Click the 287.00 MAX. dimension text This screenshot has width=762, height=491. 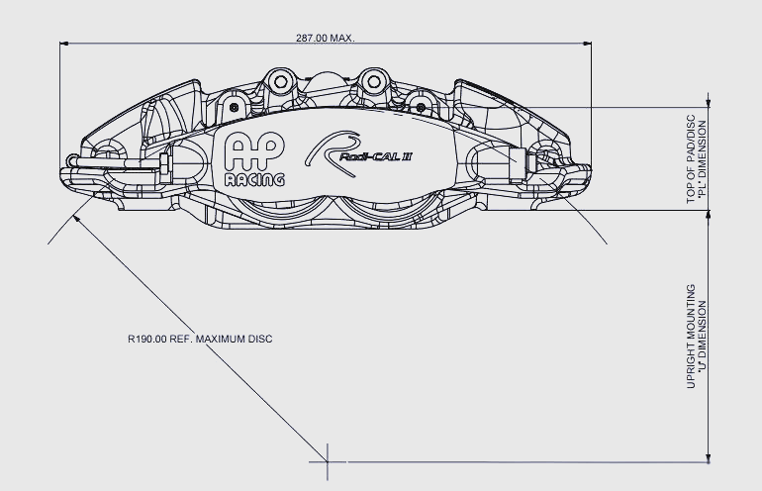click(326, 38)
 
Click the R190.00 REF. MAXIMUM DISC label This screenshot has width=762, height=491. click(200, 339)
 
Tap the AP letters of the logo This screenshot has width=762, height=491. click(253, 150)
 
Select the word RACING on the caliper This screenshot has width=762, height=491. click(254, 180)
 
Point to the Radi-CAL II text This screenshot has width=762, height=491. click(376, 156)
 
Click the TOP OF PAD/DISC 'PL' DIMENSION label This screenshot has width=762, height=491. click(697, 159)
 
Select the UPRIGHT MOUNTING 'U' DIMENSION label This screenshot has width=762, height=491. click(697, 337)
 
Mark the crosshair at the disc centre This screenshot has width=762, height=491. click(328, 461)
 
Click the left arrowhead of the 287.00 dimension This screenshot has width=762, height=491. click(64, 44)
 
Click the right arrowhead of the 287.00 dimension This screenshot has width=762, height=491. click(586, 44)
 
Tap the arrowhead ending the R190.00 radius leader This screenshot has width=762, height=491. click(76, 218)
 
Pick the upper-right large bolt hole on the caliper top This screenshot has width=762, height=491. click(373, 82)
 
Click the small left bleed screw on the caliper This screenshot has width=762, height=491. click(235, 107)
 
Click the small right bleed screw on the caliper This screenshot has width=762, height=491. click(421, 107)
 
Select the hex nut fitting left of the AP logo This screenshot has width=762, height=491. click(165, 163)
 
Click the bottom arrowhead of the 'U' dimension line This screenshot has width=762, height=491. click(709, 457)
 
